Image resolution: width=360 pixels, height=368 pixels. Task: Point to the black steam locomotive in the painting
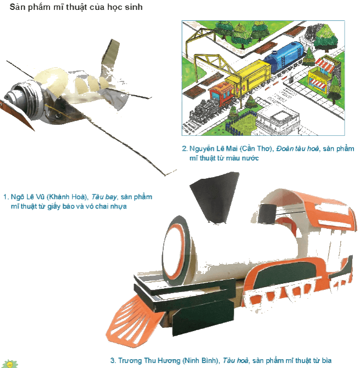(x=204, y=111)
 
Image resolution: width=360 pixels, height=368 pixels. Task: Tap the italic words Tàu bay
(x=104, y=197)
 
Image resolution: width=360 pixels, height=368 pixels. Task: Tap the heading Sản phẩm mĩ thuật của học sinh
(x=76, y=7)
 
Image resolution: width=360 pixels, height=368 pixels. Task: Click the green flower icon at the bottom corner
(x=10, y=365)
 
